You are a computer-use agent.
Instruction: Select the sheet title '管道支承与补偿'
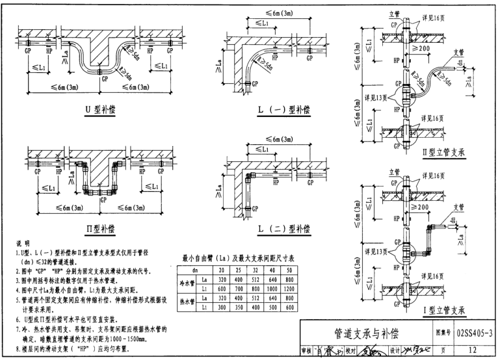tap(367, 333)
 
